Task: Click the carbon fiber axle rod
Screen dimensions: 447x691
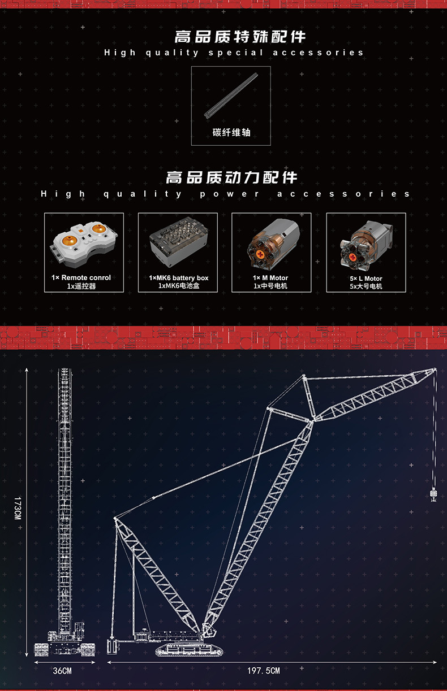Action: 230,95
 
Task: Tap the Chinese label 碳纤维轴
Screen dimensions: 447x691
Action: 231,133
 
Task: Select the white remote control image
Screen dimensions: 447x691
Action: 83,244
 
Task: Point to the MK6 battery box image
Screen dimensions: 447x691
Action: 179,242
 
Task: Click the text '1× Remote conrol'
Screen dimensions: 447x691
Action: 81,277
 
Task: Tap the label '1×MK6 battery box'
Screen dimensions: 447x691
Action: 179,278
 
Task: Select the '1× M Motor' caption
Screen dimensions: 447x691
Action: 270,278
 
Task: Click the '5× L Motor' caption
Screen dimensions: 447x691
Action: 366,279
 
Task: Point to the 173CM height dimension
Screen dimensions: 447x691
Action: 18,508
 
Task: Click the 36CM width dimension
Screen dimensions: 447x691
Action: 62,671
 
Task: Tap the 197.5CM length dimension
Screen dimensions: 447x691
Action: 264,671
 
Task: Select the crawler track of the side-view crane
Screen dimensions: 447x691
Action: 189,650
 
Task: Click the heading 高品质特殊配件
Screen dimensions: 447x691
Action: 240,37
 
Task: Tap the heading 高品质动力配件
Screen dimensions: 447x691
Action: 231,177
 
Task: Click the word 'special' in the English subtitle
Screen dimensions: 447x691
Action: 236,53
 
